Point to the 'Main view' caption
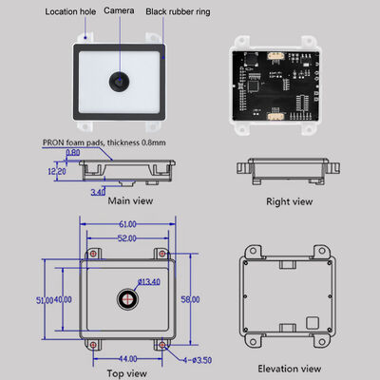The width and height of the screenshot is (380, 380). (x=129, y=200)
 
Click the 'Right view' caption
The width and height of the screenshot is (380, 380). (x=289, y=201)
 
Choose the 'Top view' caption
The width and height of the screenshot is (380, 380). (x=126, y=373)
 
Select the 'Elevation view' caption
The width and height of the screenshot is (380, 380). (x=288, y=369)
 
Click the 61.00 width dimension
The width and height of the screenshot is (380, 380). (x=126, y=224)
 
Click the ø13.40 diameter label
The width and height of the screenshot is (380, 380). (x=149, y=281)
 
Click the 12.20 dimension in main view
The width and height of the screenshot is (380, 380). (x=56, y=172)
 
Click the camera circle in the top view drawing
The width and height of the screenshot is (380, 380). (x=126, y=298)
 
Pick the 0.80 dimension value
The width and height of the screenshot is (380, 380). (x=73, y=152)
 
